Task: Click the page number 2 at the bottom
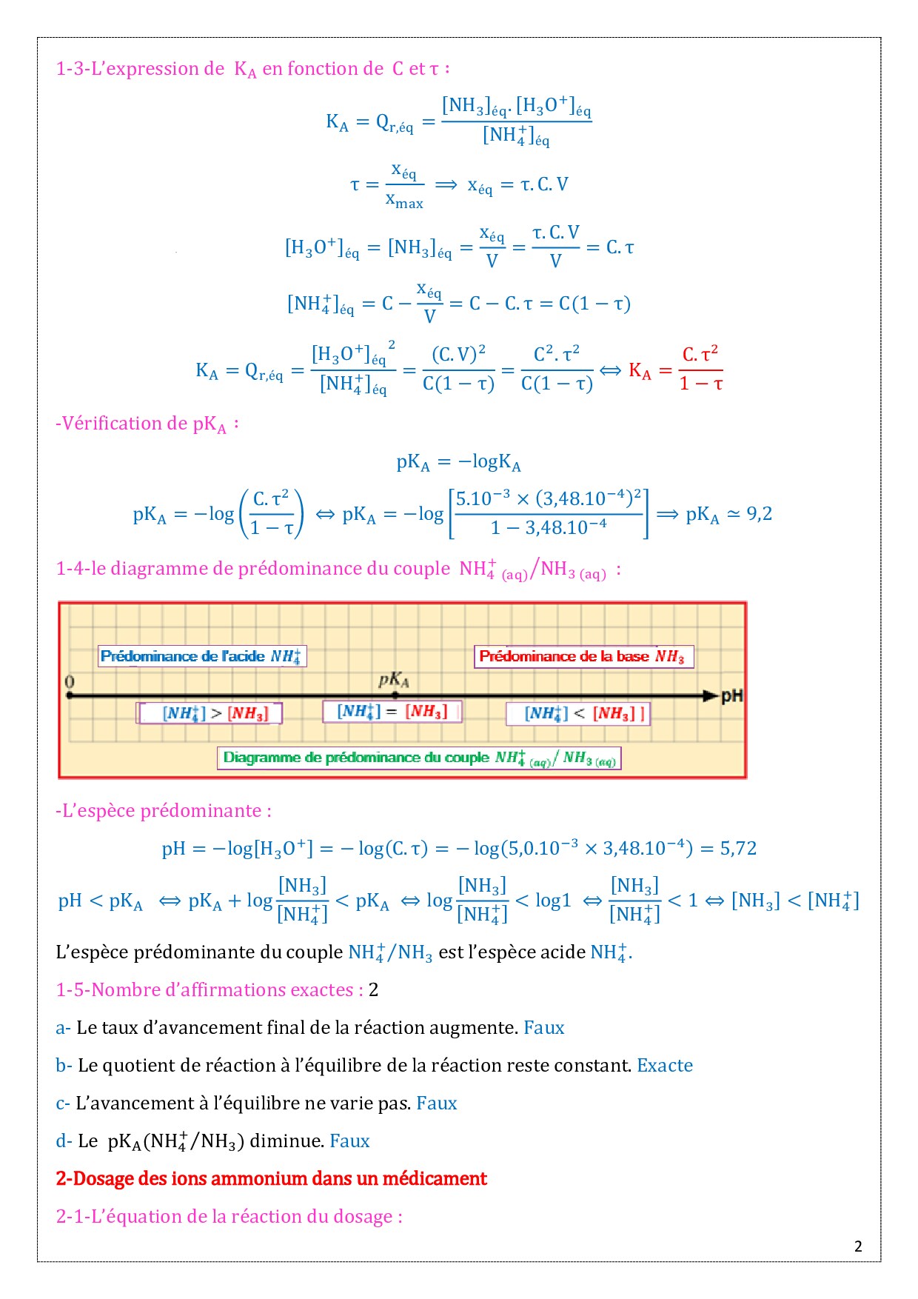click(858, 1246)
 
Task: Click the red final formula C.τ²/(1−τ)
click(700, 368)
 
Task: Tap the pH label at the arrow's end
click(731, 696)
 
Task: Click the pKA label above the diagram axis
click(393, 679)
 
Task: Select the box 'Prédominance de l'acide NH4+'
click(201, 656)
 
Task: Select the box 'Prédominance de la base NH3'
click(583, 656)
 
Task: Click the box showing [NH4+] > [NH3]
click(210, 713)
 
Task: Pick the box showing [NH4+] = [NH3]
click(392, 712)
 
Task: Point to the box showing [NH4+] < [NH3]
click(577, 714)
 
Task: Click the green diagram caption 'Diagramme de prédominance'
click(419, 758)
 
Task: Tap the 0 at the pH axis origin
click(70, 681)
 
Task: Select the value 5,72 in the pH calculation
click(738, 848)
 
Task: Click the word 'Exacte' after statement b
click(665, 1065)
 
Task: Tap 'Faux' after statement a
click(543, 1027)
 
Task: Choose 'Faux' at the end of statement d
click(349, 1141)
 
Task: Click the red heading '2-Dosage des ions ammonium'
click(271, 1178)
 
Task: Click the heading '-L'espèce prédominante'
click(163, 810)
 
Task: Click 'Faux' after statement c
click(436, 1103)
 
